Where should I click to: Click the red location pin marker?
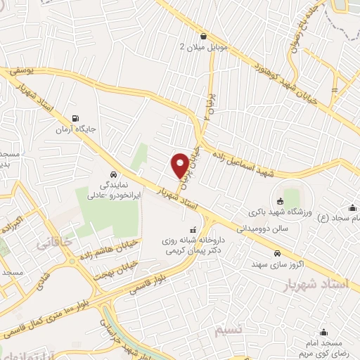click(x=180, y=165)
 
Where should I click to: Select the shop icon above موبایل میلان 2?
click(x=203, y=36)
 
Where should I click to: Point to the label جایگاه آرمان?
click(x=76, y=129)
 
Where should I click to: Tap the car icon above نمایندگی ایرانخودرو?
click(x=112, y=174)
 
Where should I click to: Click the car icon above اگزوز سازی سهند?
click(x=278, y=253)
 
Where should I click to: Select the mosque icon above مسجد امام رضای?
click(x=323, y=333)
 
